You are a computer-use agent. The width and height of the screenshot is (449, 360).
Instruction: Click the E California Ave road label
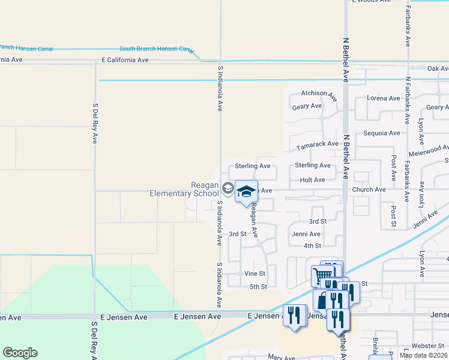125,60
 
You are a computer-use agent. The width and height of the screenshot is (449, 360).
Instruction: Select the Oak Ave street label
437,69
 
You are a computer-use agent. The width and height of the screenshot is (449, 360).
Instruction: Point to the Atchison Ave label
314,93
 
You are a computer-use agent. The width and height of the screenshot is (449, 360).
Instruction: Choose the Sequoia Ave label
381,133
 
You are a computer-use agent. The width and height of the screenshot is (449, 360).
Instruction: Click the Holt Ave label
312,179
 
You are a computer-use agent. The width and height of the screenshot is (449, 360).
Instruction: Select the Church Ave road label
369,190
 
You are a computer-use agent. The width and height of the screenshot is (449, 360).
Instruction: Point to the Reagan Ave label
254,219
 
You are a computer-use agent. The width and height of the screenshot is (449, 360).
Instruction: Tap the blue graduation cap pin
246,191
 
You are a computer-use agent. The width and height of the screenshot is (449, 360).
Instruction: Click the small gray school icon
228,188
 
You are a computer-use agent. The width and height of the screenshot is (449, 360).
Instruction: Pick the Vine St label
255,273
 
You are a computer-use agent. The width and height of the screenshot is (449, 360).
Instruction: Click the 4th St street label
312,245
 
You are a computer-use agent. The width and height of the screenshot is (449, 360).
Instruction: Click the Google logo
20,353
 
